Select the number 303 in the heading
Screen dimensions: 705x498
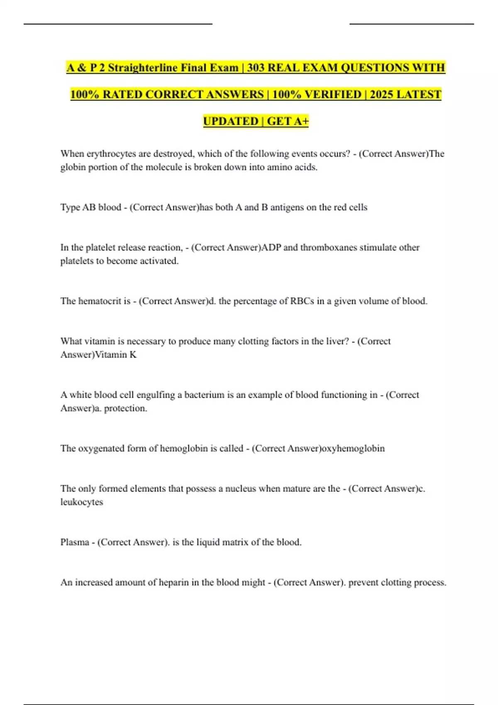pos(256,68)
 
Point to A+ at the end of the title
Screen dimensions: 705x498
pos(301,121)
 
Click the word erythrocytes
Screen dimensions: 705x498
pos(111,154)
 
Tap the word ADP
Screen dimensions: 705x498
pos(271,248)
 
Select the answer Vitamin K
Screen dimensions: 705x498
pos(116,355)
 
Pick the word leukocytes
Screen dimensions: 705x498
pos(82,502)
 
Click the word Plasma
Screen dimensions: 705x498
pos(75,542)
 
